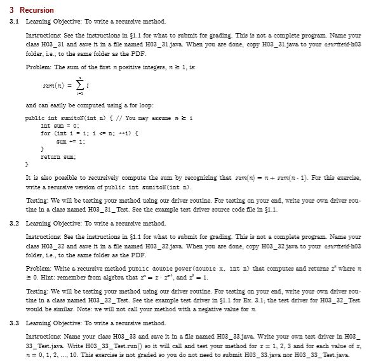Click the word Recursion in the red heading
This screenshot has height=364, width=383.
(37, 10)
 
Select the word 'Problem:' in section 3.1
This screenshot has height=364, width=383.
(36, 67)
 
